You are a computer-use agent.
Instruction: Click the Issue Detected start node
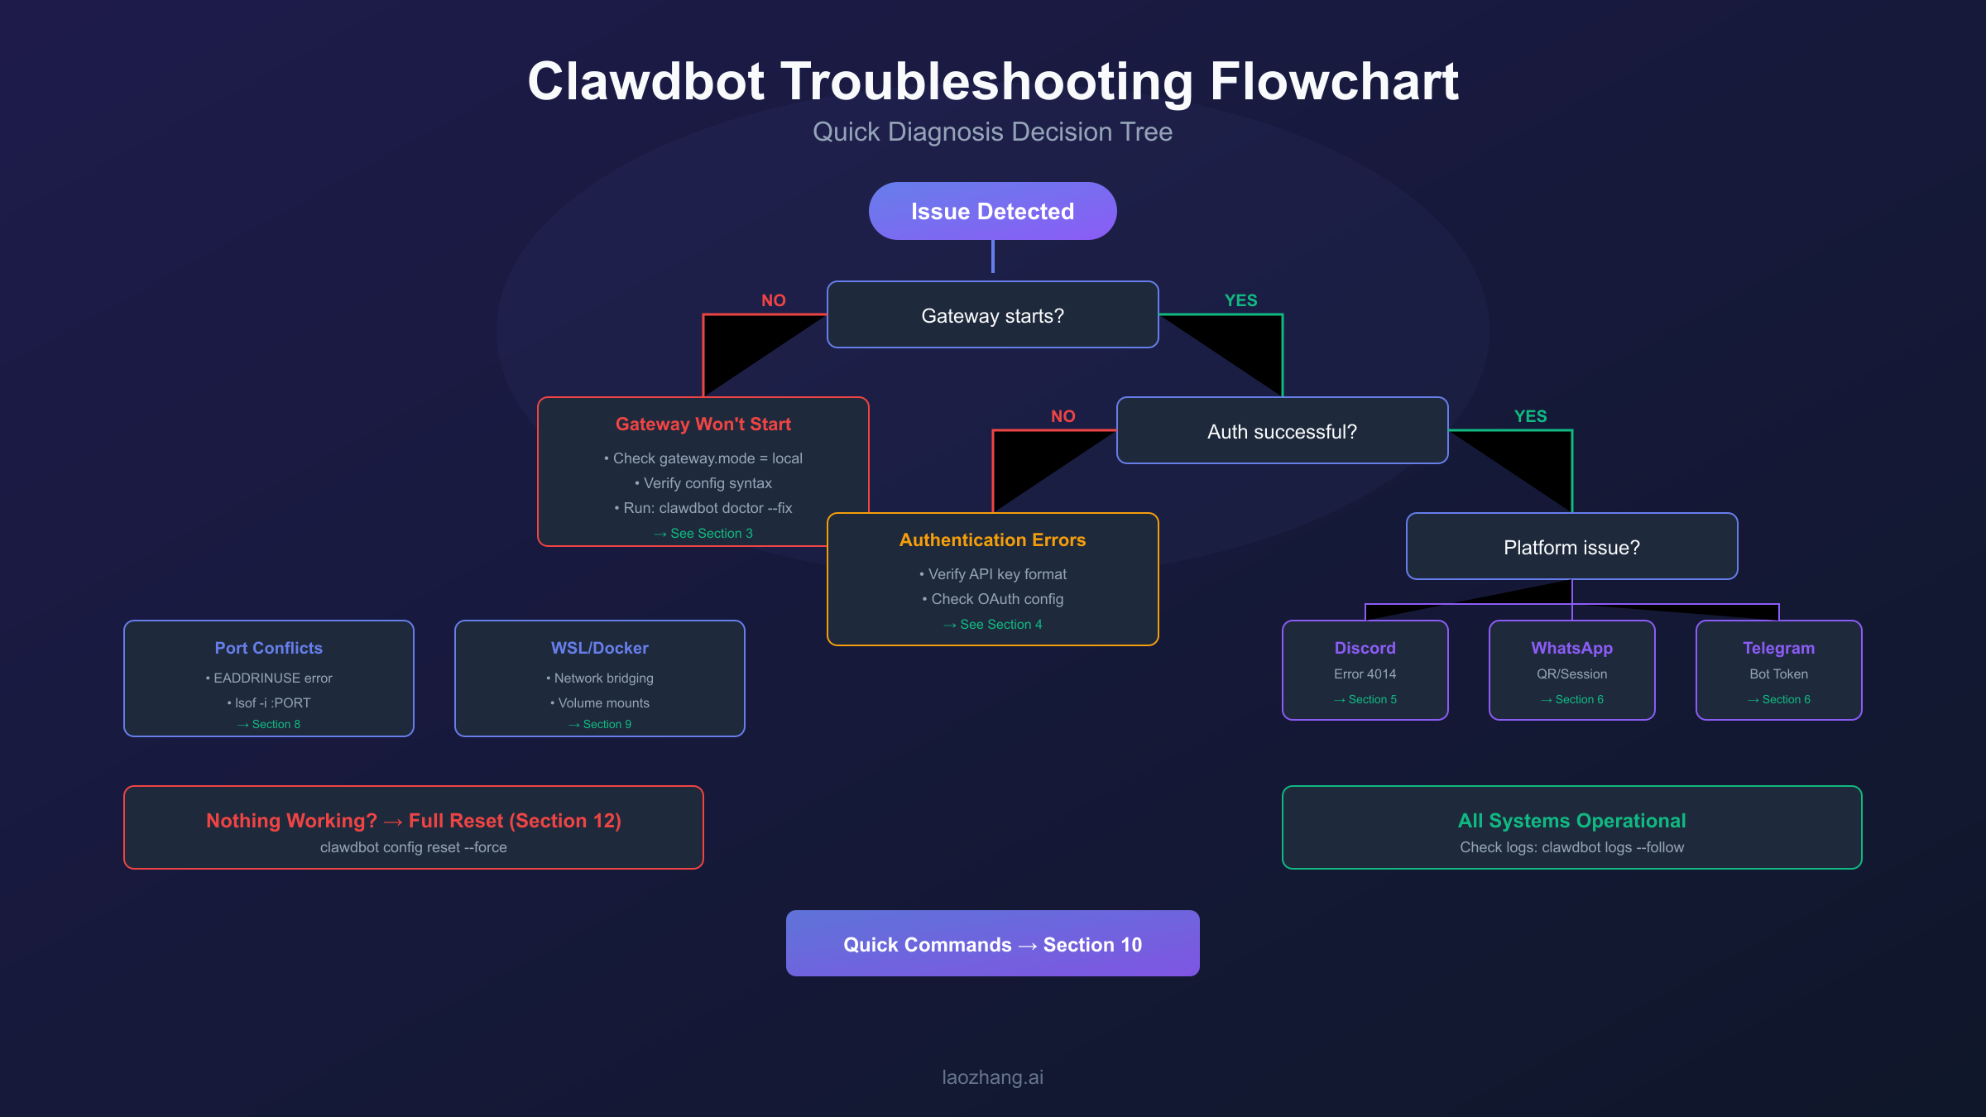click(992, 211)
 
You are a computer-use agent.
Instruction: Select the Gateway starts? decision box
click(992, 315)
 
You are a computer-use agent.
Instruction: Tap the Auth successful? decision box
click(1282, 431)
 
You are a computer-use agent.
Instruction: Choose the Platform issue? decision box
click(1571, 547)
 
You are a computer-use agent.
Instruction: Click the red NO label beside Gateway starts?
click(773, 300)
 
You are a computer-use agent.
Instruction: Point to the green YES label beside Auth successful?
click(1530, 416)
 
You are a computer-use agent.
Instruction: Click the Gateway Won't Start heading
click(703, 424)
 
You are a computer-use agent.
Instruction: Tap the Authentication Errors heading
click(992, 539)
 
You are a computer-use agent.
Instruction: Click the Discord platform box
click(1365, 670)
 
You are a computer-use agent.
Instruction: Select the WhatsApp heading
click(1571, 648)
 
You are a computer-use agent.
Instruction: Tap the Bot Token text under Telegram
click(1778, 674)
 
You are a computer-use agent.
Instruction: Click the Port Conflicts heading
click(268, 648)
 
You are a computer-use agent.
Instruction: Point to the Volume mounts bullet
click(601, 702)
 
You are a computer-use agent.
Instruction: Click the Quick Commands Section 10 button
click(992, 944)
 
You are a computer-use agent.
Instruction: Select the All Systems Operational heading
click(1571, 820)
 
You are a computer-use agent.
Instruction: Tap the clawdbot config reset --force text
click(413, 847)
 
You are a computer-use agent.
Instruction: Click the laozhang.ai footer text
click(992, 1077)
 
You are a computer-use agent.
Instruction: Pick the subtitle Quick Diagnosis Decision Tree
click(992, 132)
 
